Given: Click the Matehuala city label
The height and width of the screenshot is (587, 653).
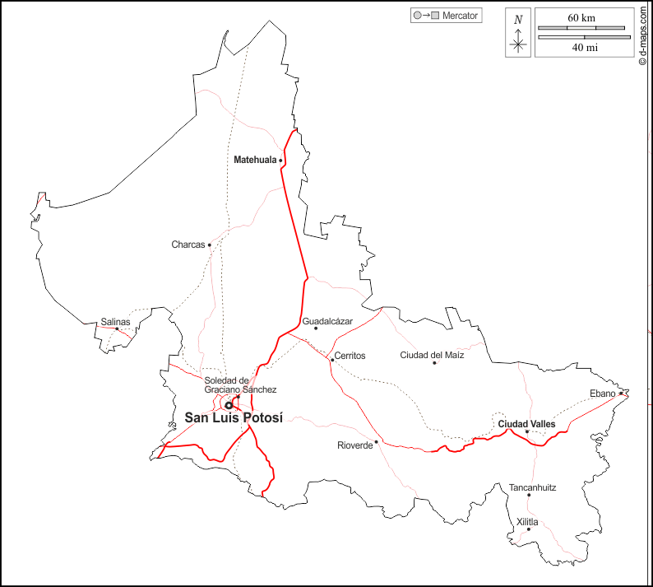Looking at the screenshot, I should click(x=255, y=160).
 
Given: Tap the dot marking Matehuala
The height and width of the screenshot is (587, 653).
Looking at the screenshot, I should click(x=280, y=161).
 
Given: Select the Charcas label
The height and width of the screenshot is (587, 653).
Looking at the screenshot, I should click(x=188, y=245).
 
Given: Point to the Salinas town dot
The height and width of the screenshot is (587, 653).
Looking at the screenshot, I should click(x=117, y=329).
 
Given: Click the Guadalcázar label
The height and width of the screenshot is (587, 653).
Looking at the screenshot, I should click(x=327, y=320).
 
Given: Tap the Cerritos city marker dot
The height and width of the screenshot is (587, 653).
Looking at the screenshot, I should click(x=332, y=360).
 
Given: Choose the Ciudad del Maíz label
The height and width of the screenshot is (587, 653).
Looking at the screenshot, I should click(x=432, y=355).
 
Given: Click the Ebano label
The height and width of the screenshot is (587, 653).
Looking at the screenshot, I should click(x=602, y=394).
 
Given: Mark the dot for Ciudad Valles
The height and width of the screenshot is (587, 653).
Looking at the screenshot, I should click(x=526, y=431).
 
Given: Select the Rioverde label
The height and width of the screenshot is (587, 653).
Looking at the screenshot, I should click(x=354, y=445).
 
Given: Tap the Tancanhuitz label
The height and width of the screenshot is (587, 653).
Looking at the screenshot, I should click(x=532, y=487).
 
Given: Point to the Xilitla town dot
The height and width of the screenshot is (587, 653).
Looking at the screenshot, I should click(x=529, y=529).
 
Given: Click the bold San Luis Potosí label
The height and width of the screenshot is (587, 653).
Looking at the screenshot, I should click(x=234, y=417).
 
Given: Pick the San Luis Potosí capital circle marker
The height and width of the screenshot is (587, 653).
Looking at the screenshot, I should click(x=229, y=405).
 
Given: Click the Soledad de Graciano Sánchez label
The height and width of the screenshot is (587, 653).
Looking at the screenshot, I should click(x=240, y=384).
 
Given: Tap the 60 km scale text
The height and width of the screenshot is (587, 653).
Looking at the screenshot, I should click(x=581, y=17).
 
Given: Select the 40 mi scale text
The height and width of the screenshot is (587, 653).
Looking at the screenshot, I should click(x=584, y=48).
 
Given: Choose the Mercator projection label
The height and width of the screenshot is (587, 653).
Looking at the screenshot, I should click(x=461, y=15).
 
